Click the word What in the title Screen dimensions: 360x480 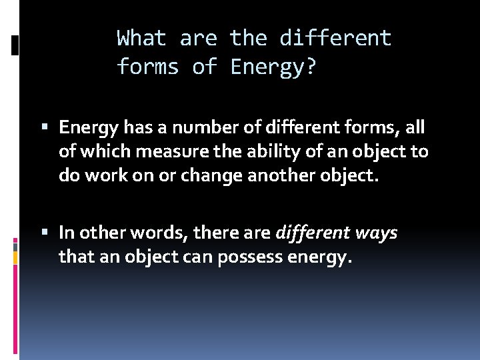click(x=142, y=39)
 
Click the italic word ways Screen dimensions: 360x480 click(x=374, y=233)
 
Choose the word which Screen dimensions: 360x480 click(x=96, y=151)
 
